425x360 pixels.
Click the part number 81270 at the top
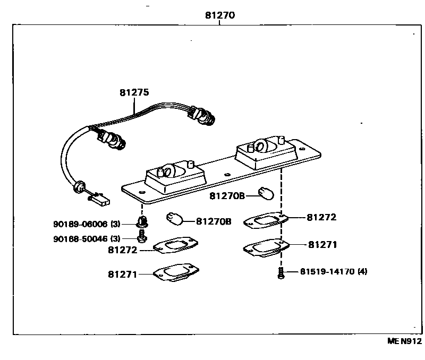(220, 15)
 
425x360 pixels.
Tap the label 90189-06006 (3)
(87, 224)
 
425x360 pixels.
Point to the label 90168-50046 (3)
(87, 238)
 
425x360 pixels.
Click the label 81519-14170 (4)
(333, 271)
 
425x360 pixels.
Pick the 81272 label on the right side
(321, 217)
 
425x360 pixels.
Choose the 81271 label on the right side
(322, 245)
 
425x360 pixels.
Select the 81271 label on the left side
(123, 275)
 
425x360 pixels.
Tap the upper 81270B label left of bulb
(227, 196)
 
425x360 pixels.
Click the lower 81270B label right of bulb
(214, 221)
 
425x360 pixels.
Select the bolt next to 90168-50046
(141, 236)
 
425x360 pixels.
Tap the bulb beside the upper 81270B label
(266, 194)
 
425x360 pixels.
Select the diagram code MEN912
(404, 341)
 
